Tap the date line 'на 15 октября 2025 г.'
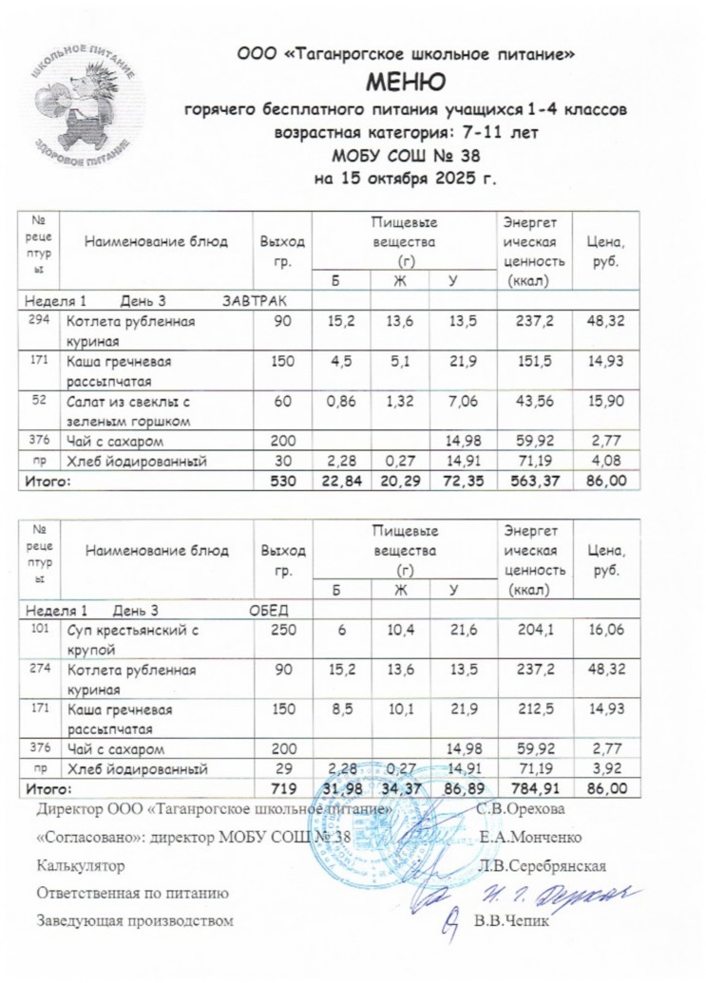point(406,178)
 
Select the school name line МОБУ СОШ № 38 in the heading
point(406,156)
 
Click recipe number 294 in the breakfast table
point(39,321)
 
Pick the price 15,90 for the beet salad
point(605,402)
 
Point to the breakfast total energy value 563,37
point(535,482)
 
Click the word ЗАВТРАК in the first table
point(254,301)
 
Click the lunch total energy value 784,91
point(535,788)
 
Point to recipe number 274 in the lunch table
point(39,670)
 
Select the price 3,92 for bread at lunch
point(608,768)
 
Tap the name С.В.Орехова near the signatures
point(521,809)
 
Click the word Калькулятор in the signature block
point(80,864)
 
